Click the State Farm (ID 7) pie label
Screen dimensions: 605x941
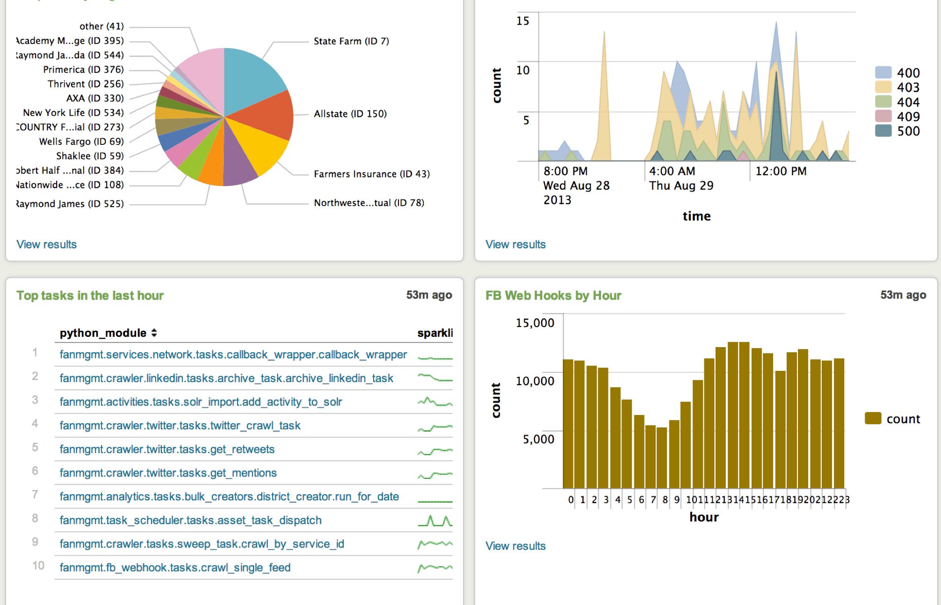click(x=351, y=41)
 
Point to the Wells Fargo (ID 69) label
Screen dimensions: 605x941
click(x=81, y=142)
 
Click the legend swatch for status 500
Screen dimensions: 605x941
click(x=883, y=131)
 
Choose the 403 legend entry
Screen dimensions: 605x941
click(x=908, y=87)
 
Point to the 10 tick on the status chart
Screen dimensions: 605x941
click(x=522, y=71)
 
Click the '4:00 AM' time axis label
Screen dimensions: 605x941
click(x=672, y=171)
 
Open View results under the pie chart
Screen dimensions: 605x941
click(x=46, y=244)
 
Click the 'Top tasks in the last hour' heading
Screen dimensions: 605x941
click(x=90, y=295)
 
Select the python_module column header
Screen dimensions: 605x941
click(x=103, y=333)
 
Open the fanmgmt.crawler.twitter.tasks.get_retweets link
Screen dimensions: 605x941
click(x=167, y=449)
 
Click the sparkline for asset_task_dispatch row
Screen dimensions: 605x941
click(x=434, y=520)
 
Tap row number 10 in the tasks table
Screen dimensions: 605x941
click(x=38, y=566)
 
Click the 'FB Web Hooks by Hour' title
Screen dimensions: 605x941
click(x=553, y=295)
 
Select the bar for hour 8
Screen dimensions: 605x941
click(x=662, y=458)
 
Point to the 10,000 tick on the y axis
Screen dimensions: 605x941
click(x=535, y=381)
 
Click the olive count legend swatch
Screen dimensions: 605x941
click(x=873, y=418)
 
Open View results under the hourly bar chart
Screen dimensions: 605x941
click(x=515, y=546)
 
